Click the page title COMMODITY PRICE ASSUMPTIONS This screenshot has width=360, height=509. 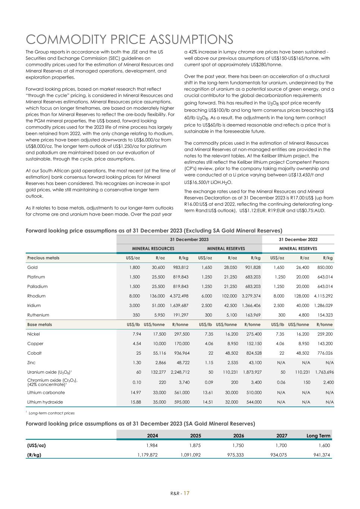(129, 39)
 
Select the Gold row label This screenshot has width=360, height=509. (32, 267)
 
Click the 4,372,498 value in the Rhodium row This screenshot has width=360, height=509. (179, 296)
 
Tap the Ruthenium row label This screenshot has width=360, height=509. (38, 315)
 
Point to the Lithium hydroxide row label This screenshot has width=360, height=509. (45, 402)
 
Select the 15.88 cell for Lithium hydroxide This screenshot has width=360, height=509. (134, 402)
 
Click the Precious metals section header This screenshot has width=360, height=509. (43, 258)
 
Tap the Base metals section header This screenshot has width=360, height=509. (40, 324)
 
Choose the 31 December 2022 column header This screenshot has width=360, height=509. (298, 239)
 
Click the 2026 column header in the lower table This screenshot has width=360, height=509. (238, 436)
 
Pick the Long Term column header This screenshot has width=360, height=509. (318, 436)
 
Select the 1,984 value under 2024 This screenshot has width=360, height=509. (152, 445)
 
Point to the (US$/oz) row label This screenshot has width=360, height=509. (37, 445)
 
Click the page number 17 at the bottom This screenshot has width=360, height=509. (186, 493)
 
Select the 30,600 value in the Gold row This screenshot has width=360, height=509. (158, 267)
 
